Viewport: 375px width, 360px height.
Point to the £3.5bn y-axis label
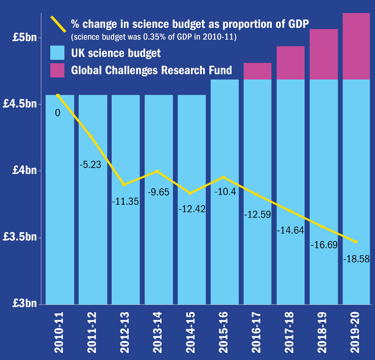tap(20, 237)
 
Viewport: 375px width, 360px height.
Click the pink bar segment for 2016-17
tap(257, 71)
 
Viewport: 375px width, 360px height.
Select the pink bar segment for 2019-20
tap(356, 46)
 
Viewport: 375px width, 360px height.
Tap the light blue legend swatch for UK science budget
tap(57, 53)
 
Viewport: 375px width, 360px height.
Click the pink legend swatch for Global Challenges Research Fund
tap(57, 70)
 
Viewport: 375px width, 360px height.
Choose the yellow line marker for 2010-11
tap(58, 95)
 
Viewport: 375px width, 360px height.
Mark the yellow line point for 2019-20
tap(356, 242)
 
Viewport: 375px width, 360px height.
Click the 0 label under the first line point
tap(58, 113)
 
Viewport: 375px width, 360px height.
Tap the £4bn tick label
tap(24, 170)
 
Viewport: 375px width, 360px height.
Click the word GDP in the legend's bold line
tap(298, 24)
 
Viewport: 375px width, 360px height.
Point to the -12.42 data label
tap(192, 209)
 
